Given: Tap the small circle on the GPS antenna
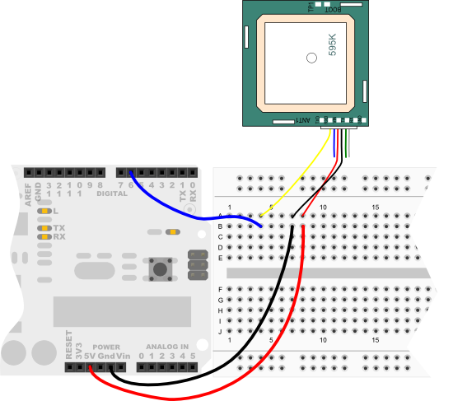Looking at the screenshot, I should (311, 58).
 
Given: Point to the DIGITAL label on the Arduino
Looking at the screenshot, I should (112, 195).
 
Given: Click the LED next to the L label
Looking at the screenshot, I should (44, 212).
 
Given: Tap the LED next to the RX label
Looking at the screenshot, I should (44, 236).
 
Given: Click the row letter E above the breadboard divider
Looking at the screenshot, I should (220, 258).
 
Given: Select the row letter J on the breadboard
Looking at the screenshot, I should (220, 331).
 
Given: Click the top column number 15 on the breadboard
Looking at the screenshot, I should (376, 206).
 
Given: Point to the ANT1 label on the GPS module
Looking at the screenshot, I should (303, 121).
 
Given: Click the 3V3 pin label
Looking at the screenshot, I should (79, 352).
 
